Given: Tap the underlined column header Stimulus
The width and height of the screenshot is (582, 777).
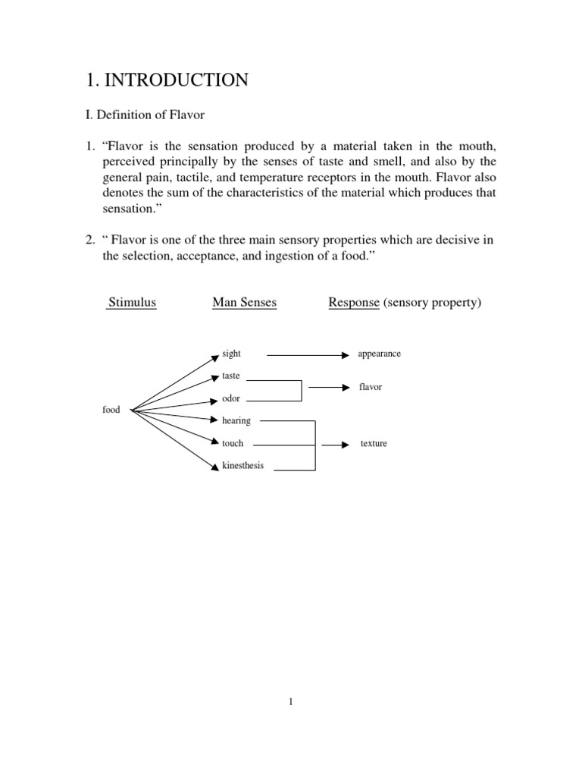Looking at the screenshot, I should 132,303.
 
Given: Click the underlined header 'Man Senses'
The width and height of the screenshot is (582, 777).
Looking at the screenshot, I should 245,303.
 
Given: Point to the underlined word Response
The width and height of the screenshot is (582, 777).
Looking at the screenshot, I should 354,303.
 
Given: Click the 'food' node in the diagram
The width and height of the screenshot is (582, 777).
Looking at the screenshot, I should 111,410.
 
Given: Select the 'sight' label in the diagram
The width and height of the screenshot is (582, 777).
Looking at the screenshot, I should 231,354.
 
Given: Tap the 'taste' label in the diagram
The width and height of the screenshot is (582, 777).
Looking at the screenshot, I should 231,376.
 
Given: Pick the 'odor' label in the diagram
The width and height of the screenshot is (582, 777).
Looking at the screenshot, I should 231,398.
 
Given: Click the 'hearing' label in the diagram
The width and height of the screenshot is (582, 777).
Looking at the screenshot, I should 236,420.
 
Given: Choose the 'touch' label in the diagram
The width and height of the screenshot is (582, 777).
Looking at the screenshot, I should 233,443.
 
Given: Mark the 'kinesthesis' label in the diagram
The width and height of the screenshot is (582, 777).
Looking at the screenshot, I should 242,465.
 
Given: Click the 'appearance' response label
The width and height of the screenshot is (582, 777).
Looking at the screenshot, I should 379,354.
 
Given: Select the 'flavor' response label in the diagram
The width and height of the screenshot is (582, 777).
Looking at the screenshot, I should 371,387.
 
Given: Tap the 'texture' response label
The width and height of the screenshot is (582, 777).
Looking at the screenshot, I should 374,443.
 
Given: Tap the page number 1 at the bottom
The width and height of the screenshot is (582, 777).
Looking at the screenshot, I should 290,701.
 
